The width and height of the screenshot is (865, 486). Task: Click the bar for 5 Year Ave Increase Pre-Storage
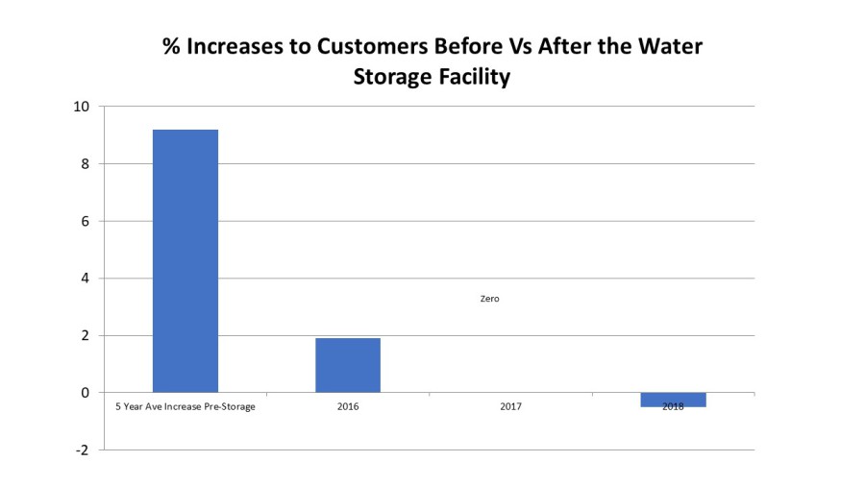[x=185, y=260]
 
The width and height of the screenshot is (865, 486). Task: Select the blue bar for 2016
[x=348, y=365]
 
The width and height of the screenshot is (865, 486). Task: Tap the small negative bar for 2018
[x=674, y=400]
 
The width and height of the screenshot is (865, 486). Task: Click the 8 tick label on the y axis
[x=86, y=164]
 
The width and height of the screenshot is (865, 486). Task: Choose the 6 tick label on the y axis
[x=86, y=222]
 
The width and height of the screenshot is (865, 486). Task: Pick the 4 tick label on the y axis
[x=86, y=279]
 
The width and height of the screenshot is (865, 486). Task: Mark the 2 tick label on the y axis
[x=86, y=336]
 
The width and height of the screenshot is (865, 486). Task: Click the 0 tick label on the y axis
[x=86, y=393]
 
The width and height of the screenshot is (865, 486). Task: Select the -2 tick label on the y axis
[x=83, y=450]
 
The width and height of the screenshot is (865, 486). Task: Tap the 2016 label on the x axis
[x=348, y=407]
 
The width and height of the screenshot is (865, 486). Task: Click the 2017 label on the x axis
[x=511, y=407]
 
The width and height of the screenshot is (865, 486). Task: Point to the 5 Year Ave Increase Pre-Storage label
[x=185, y=407]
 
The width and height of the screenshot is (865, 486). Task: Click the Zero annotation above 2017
[x=489, y=299]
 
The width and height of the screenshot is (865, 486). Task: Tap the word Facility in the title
[x=468, y=77]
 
